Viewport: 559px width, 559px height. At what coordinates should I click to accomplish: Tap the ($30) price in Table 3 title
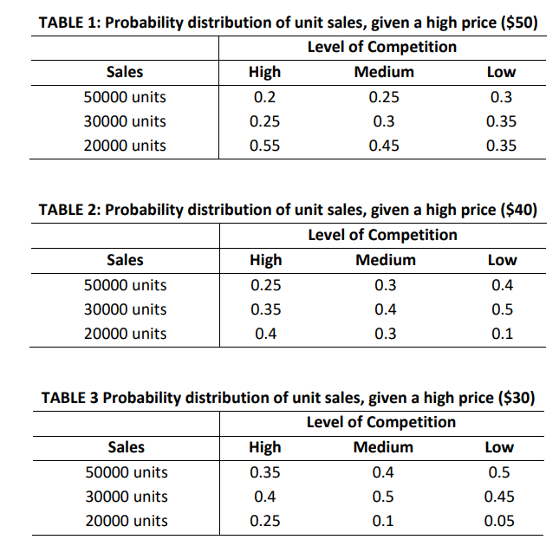(516, 398)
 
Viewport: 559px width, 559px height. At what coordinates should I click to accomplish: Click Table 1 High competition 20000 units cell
(264, 146)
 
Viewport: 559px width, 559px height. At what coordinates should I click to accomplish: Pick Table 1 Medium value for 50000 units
(384, 97)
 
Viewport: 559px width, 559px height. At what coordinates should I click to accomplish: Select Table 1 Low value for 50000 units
(502, 97)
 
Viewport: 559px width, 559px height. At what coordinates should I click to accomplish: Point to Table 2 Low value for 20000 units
(502, 334)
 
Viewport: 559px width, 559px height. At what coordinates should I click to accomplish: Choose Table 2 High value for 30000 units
(264, 309)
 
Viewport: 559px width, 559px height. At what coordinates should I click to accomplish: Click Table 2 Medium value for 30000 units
(384, 309)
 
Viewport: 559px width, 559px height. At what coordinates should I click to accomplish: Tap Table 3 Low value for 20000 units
(500, 521)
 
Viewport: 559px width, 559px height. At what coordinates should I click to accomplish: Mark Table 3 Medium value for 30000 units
(383, 497)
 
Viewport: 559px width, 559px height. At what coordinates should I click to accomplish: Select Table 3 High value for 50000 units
(264, 472)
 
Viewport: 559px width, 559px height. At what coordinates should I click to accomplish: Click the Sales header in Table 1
(125, 72)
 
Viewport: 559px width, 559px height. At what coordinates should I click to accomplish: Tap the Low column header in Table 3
(500, 447)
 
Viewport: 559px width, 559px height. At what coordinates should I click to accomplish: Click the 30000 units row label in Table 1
(125, 121)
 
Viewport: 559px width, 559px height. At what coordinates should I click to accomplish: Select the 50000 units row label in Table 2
(125, 285)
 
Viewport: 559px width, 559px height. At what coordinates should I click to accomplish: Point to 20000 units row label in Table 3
(126, 521)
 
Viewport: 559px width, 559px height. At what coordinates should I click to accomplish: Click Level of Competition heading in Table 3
(381, 422)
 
